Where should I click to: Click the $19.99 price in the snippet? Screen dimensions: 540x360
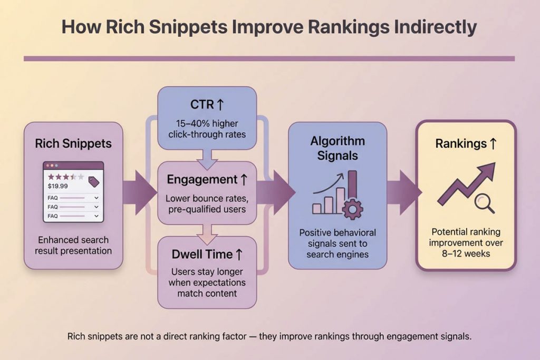pos(57,186)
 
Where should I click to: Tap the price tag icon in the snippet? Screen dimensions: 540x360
pos(94,181)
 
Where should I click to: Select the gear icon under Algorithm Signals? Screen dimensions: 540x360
pos(352,209)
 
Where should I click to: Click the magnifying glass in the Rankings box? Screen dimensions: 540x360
pos(484,203)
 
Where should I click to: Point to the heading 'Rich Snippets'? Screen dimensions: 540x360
pos(73,143)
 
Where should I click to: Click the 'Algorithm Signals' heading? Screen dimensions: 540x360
pos(337,148)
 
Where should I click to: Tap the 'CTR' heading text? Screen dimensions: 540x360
pos(202,104)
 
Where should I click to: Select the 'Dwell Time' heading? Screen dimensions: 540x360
pos(202,255)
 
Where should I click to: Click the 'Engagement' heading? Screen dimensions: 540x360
pos(202,180)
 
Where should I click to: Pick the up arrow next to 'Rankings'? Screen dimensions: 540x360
pos(493,143)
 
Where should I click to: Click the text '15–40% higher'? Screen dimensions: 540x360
pos(207,123)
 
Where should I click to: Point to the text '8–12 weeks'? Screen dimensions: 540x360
pos(466,254)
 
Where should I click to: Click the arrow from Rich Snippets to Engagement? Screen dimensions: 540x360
pos(139,192)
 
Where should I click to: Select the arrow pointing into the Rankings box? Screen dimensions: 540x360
pos(404,192)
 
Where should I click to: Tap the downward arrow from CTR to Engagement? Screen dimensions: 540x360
pos(207,160)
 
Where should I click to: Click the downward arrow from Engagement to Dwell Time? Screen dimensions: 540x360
pos(207,235)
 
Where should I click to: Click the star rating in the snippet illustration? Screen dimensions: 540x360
pos(66,177)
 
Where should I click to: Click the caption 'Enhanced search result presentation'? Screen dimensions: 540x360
pos(73,245)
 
